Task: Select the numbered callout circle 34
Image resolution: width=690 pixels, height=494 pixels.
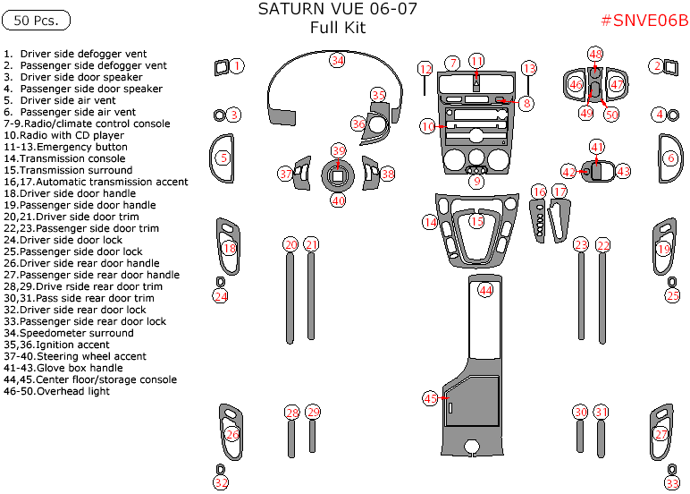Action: coord(337,60)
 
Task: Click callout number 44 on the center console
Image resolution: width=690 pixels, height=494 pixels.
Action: coord(485,290)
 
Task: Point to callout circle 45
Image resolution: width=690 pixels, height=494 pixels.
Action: coord(431,398)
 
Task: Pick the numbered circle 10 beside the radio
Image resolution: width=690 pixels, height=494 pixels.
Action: coord(428,127)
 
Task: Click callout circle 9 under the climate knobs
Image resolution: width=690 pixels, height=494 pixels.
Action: coord(476,182)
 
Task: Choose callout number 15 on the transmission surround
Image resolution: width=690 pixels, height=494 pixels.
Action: coord(476,221)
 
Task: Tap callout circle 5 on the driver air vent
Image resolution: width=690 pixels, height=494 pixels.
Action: coord(223,158)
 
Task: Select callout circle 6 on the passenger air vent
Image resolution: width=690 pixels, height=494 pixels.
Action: coord(670,158)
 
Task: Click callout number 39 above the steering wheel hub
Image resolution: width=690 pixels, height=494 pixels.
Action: coord(338,150)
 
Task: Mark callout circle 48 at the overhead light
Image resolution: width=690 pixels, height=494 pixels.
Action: coord(595,55)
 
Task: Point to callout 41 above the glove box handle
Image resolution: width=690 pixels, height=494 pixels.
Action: coord(597,147)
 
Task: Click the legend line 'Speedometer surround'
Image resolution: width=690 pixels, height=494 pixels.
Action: coord(69,333)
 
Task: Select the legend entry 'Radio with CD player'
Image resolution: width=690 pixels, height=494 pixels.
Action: coord(63,135)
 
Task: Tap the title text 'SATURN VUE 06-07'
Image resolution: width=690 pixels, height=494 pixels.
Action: coord(337,10)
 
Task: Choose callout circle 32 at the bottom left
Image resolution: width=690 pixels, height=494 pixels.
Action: coord(221,483)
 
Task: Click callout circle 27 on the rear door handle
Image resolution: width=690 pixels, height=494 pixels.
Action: coord(661,435)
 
